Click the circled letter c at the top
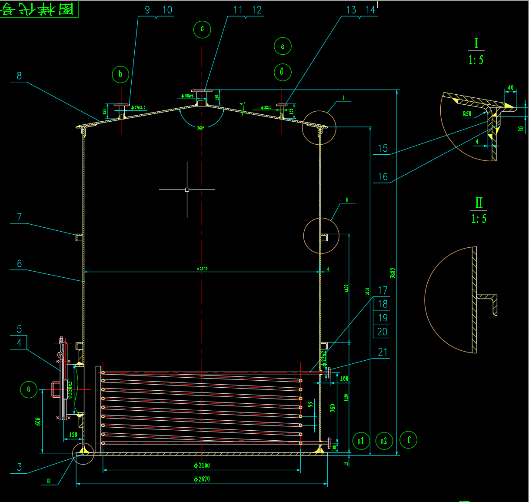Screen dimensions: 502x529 coord(202,29)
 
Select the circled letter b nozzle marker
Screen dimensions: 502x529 coord(120,74)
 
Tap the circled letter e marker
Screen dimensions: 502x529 coord(283,47)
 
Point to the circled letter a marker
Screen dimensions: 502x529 coord(29,389)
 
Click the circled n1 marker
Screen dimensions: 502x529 coord(361,441)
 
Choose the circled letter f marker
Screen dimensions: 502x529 coord(409,440)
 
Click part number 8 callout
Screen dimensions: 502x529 coord(19,76)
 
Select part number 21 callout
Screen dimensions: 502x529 coord(383,352)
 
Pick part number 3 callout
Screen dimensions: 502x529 coord(19,467)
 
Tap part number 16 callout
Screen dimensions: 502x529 coord(383,176)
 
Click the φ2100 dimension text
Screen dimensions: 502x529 coord(202,465)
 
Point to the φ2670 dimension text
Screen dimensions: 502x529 coord(202,479)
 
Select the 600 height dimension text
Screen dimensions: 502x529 coord(38,421)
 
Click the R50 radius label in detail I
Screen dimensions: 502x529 coord(467,114)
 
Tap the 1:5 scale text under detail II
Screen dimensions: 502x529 coord(479,218)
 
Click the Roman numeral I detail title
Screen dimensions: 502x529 coord(476,43)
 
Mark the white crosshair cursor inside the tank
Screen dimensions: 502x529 coord(187,190)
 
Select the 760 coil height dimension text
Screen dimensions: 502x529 coord(333,408)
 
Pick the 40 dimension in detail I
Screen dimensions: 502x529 coord(511,87)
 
